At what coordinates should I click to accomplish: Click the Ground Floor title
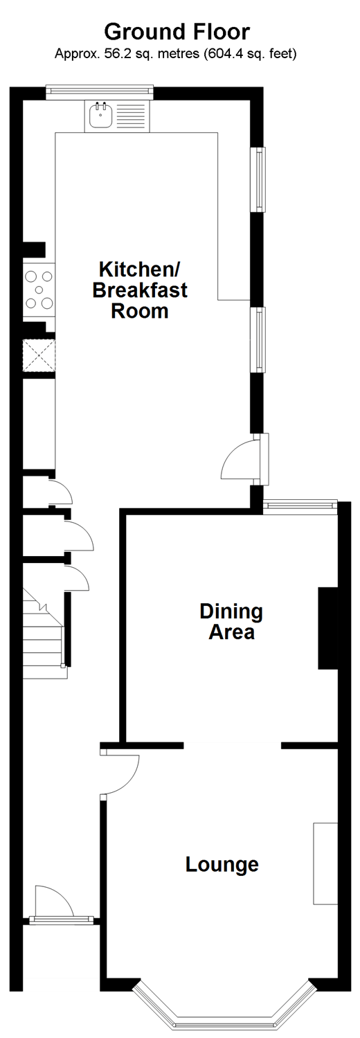[x=177, y=32]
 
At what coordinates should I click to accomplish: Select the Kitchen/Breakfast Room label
[x=139, y=289]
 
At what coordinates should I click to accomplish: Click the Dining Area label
[x=231, y=621]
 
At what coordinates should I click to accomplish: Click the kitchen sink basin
[x=100, y=116]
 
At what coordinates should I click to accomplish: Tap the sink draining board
[x=131, y=116]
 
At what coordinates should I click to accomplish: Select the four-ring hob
[x=39, y=290]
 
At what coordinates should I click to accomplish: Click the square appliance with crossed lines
[x=39, y=355]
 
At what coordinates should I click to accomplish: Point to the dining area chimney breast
[x=327, y=628]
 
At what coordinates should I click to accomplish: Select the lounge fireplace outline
[x=325, y=863]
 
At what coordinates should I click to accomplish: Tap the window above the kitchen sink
[x=99, y=92]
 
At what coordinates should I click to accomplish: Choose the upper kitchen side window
[x=258, y=179]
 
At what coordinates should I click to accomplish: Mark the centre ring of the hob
[x=39, y=290]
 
